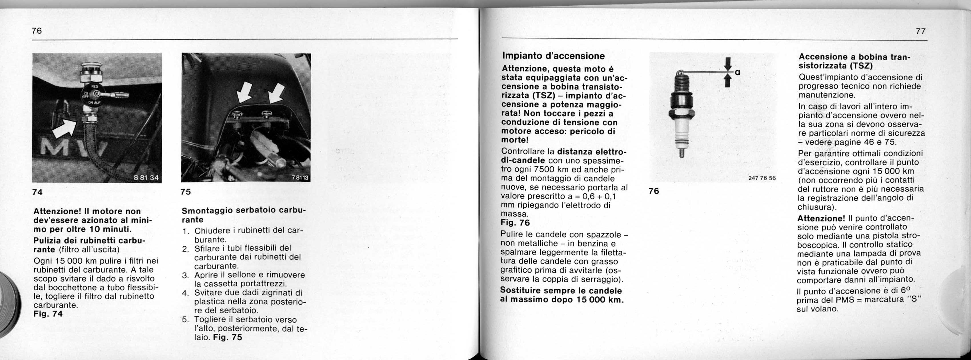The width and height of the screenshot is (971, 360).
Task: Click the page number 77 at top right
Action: [x=920, y=31]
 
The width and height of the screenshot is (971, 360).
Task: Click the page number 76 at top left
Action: [x=37, y=31]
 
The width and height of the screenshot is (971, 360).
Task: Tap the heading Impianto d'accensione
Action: [x=553, y=56]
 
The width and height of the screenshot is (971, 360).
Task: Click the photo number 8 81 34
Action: [x=147, y=177]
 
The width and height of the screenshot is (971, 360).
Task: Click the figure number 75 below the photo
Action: [x=185, y=192]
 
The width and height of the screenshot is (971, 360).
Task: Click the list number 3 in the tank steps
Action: [x=185, y=275]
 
